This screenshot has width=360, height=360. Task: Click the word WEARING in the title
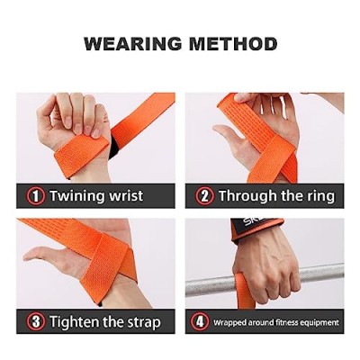click(x=133, y=44)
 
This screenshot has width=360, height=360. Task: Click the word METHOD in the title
click(x=233, y=44)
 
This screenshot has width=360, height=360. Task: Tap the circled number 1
click(x=36, y=196)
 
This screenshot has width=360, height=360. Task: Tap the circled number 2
click(x=204, y=196)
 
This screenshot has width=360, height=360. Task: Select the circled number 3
click(x=36, y=322)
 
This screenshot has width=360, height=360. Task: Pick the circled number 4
click(x=200, y=322)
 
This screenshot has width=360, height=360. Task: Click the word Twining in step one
click(x=77, y=196)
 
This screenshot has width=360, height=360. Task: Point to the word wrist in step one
click(x=126, y=196)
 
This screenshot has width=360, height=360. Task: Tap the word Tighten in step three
click(x=75, y=321)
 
